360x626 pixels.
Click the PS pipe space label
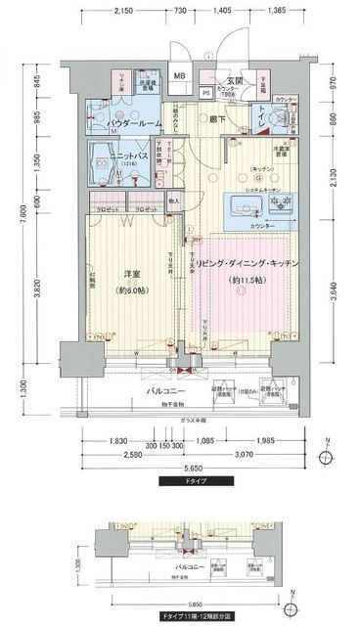[205, 95]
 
